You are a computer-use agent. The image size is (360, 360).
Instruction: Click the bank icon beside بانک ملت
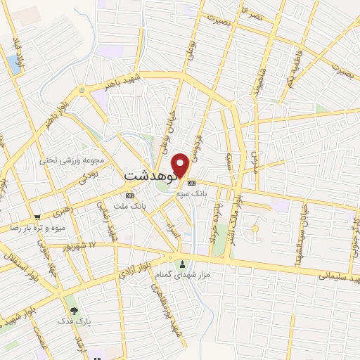click(x=129, y=195)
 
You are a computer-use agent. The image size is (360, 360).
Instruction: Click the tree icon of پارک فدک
click(x=72, y=310)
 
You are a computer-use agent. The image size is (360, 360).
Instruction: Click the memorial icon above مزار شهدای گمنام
click(x=184, y=264)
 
